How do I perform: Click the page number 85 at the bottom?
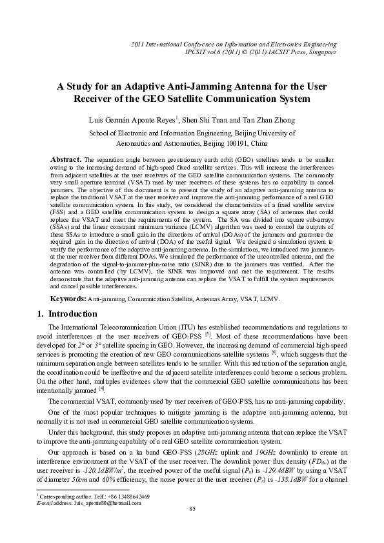192,528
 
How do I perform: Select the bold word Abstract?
66,159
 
